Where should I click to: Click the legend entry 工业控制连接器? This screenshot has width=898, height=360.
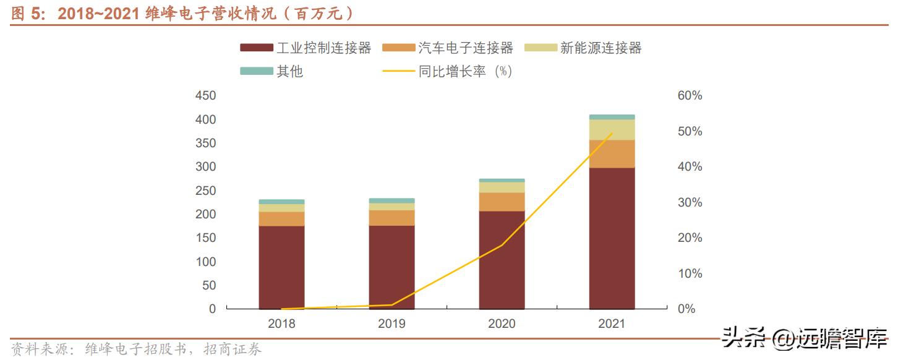coord(306,48)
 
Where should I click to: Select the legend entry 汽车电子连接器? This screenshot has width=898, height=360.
coord(448,48)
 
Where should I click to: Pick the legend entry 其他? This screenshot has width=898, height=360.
coord(272,71)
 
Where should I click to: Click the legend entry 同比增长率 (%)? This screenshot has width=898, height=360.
coord(448,71)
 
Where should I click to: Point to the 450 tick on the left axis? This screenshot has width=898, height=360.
coord(205,96)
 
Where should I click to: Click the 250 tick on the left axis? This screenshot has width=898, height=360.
coord(205,191)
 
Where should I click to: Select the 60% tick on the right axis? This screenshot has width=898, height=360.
coord(690,96)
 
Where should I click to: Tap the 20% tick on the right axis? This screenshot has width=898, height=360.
coord(690,238)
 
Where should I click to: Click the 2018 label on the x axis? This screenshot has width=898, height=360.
coord(281,324)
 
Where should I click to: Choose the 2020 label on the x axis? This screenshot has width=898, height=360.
coord(502,324)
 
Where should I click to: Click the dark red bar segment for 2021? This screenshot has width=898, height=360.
coord(612,238)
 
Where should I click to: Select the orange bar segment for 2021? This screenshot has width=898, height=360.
coord(612,154)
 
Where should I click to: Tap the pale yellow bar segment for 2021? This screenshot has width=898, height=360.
coord(612,129)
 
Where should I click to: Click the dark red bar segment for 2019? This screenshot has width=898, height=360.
coord(391,267)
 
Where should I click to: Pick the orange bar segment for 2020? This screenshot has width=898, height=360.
coord(502,202)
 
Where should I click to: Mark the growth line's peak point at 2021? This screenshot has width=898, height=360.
coord(612,133)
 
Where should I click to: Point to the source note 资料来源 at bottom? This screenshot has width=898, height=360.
coord(136,350)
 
